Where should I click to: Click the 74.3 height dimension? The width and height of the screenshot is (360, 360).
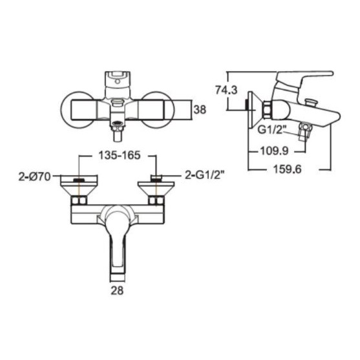point(226,90)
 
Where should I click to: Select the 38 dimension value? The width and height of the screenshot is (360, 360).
point(200,110)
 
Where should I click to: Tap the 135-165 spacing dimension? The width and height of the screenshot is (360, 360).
point(119,155)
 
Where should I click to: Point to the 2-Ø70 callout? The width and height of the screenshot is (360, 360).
point(34,177)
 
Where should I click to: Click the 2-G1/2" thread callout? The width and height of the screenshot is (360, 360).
point(205,176)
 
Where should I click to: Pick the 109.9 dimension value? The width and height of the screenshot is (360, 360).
point(274,151)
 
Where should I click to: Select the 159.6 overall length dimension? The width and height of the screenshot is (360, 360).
point(287,170)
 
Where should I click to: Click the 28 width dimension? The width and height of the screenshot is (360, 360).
point(117,291)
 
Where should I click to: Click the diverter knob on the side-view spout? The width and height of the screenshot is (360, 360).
point(310,101)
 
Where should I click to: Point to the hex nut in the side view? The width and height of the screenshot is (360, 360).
point(267,110)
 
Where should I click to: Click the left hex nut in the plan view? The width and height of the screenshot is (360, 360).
point(79,200)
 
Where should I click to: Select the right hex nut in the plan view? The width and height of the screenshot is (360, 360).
point(156,200)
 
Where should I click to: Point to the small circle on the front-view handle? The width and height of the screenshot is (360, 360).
point(118,81)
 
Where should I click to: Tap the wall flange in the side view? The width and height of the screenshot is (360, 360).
point(251,110)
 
